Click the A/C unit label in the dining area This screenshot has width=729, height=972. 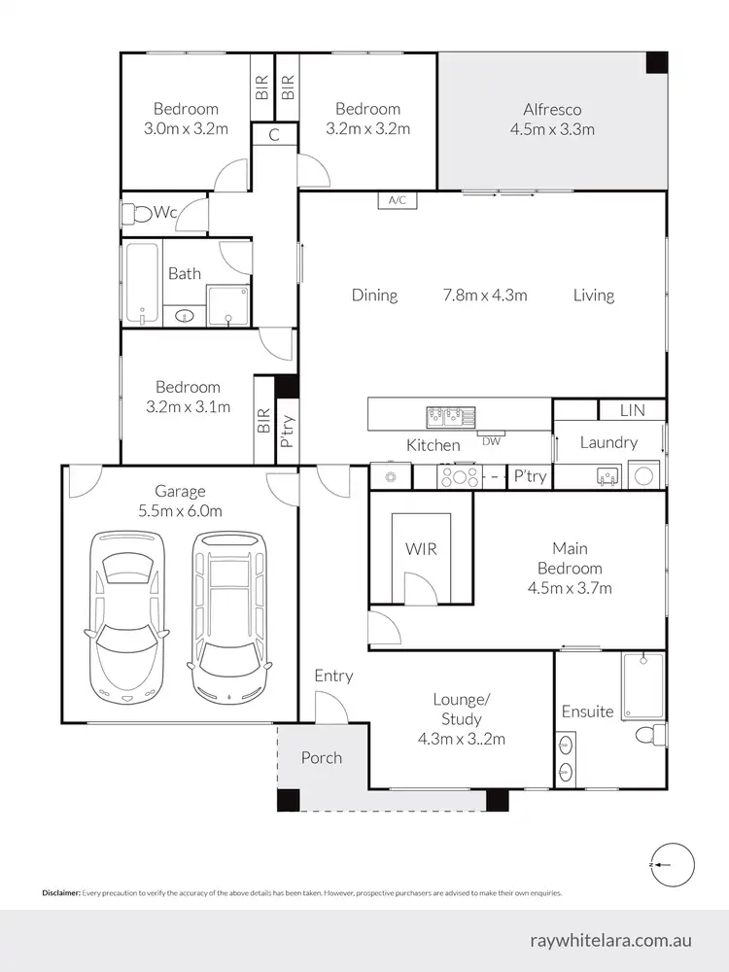click(397, 200)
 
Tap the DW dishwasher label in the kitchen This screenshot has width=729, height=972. click(490, 439)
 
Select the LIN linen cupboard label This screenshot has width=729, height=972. click(632, 411)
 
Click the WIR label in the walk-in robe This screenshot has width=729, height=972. click(421, 548)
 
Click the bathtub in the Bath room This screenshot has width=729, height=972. click(141, 285)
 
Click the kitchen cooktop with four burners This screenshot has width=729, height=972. click(458, 476)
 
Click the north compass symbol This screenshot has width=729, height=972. click(672, 863)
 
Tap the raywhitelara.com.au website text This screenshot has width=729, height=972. click(611, 940)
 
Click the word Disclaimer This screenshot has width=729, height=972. click(60, 892)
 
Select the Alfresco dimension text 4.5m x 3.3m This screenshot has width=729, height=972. click(552, 128)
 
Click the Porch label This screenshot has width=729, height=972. click(321, 757)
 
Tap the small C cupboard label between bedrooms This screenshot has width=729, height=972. click(274, 135)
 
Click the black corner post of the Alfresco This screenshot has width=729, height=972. click(657, 61)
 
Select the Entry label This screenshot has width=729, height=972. click(333, 676)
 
